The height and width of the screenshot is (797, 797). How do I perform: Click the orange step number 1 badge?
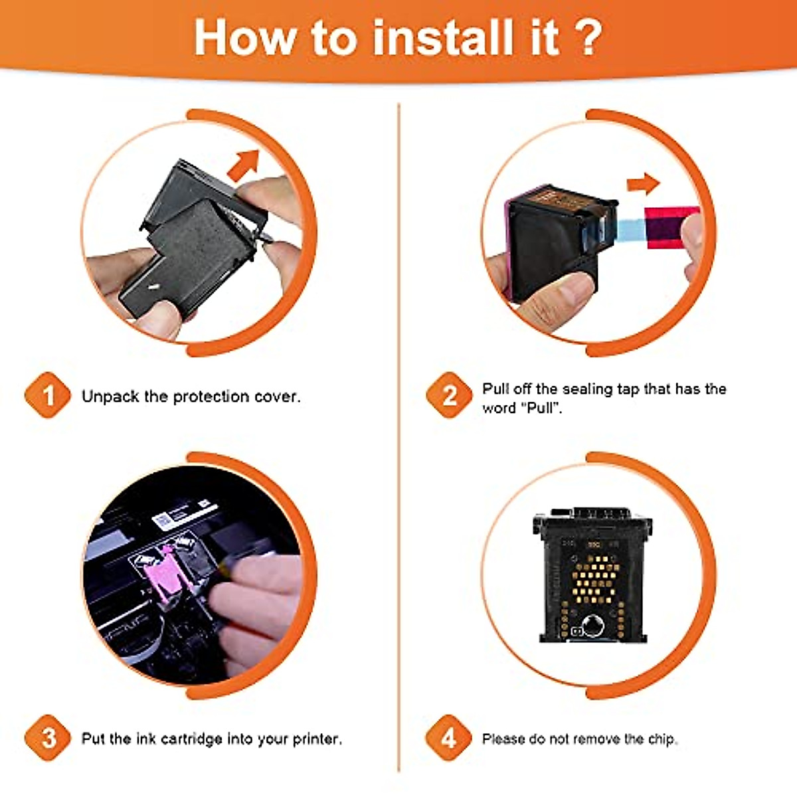click(48, 395)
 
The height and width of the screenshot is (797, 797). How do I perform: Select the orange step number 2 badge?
click(449, 395)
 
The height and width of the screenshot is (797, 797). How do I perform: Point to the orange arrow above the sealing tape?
click(643, 184)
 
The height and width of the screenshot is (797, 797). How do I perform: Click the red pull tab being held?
click(668, 228)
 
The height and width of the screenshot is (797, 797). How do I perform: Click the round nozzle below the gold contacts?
click(592, 625)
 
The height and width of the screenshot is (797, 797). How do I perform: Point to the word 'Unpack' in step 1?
click(110, 397)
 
